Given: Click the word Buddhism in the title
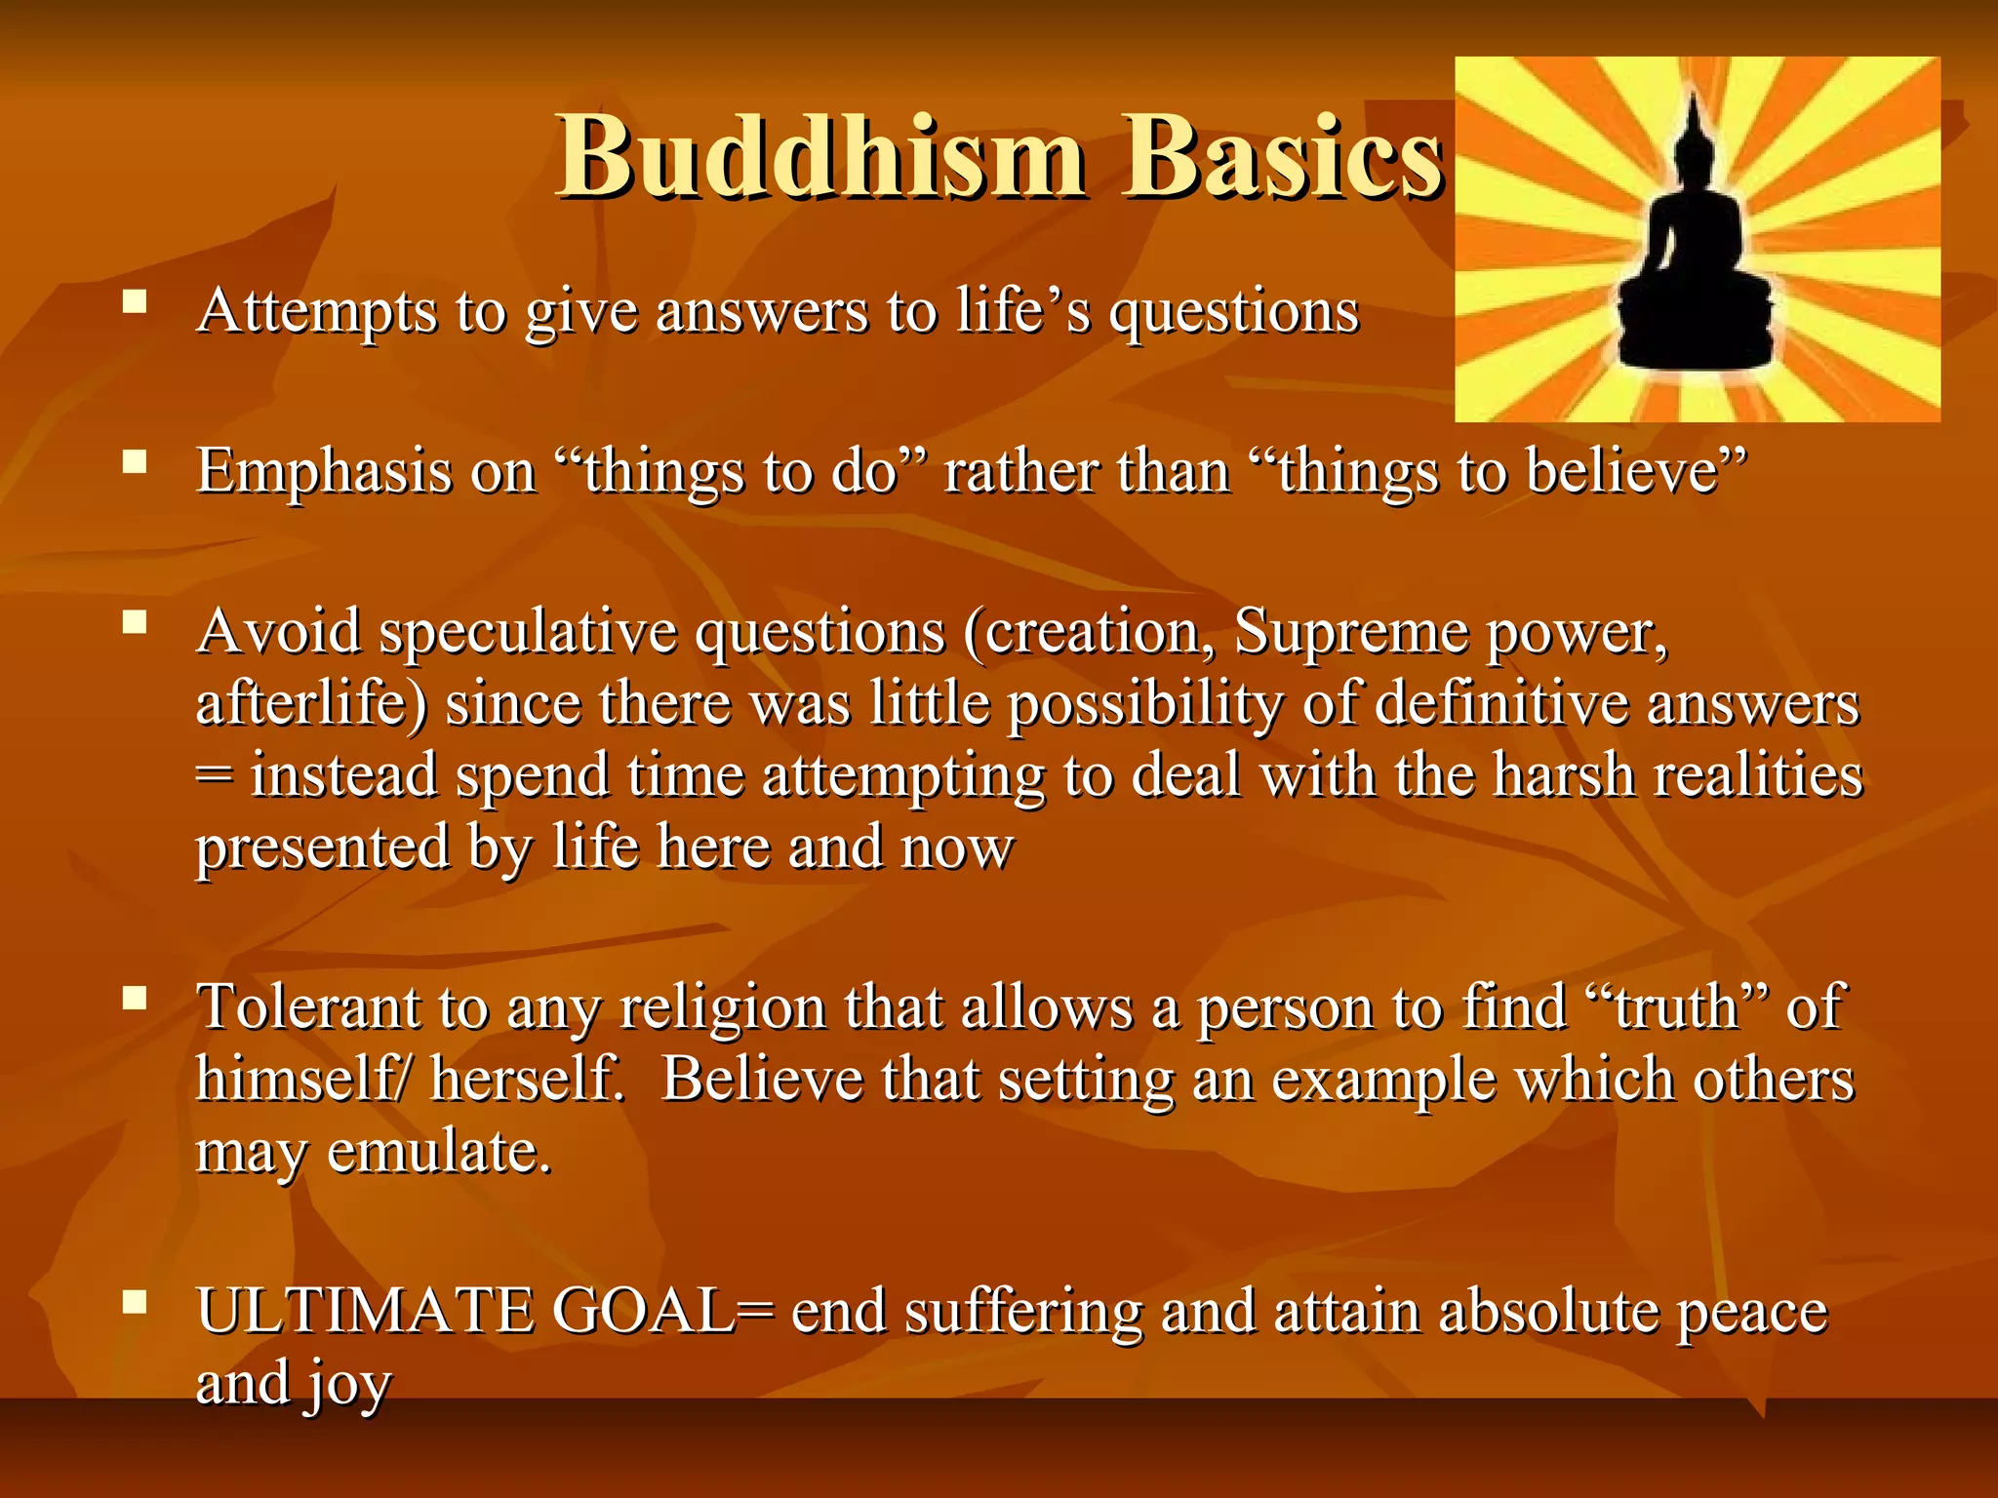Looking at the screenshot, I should pos(821,156).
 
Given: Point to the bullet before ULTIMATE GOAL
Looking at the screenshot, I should pos(135,1301).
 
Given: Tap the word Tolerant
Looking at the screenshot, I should pos(309,1007).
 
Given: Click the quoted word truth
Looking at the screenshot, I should pos(1676,1007).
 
